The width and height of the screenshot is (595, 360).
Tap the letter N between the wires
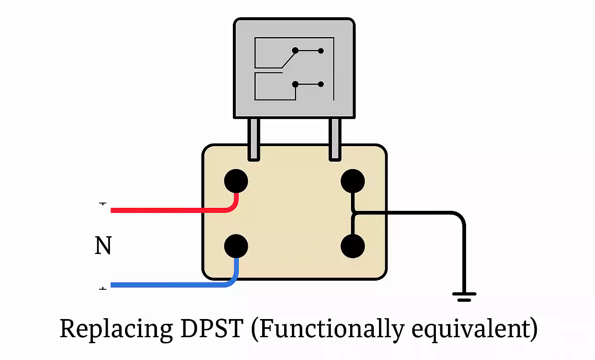pyautogui.click(x=103, y=246)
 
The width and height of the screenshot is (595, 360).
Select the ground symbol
pyautogui.click(x=464, y=296)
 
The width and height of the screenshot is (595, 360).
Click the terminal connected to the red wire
pyautogui.click(x=236, y=181)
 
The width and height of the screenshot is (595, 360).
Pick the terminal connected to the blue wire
pyautogui.click(x=236, y=247)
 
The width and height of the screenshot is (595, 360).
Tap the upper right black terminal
pyautogui.click(x=353, y=181)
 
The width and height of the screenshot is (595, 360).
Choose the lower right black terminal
pyautogui.click(x=353, y=247)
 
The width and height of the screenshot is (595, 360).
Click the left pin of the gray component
pyautogui.click(x=254, y=139)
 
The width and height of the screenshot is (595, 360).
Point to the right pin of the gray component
pyautogui.click(x=335, y=139)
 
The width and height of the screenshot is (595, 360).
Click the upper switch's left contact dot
pyautogui.click(x=295, y=50)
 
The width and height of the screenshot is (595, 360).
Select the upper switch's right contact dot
pyautogui.click(x=321, y=50)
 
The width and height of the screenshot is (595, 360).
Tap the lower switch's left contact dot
pyautogui.click(x=295, y=85)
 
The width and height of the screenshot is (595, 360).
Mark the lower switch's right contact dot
pyautogui.click(x=321, y=85)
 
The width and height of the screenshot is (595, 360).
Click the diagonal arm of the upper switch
pyautogui.click(x=288, y=59)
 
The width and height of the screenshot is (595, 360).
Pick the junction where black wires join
pyautogui.click(x=353, y=213)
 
